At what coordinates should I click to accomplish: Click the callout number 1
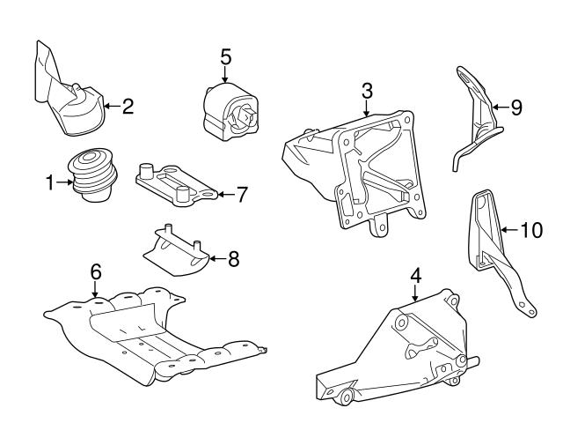[x=50, y=183]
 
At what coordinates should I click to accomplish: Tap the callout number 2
[x=128, y=108]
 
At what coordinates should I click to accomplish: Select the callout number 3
[x=367, y=91]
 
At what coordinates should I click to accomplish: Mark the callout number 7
[x=243, y=193]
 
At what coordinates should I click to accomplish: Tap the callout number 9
[x=515, y=108]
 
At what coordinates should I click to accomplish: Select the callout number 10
[x=531, y=231]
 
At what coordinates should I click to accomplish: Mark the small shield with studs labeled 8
[x=176, y=249]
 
